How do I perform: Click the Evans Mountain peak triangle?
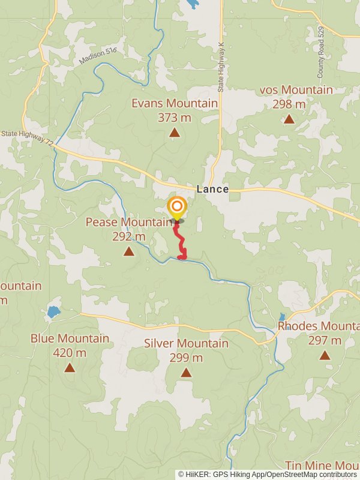174,133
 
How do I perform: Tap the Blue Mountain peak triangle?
70,368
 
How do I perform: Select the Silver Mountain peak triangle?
186,373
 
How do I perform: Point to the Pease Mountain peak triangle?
128,251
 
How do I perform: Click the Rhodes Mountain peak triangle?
325,355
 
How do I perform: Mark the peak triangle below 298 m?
289,119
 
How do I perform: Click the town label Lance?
212,189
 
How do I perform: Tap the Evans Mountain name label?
175,103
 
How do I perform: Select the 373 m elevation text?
174,118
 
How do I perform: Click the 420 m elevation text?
70,353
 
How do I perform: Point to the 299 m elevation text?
186,358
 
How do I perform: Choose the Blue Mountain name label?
70,338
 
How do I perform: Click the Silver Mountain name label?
186,343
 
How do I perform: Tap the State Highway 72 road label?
27,138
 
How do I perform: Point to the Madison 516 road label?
97,58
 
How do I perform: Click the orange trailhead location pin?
176,208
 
